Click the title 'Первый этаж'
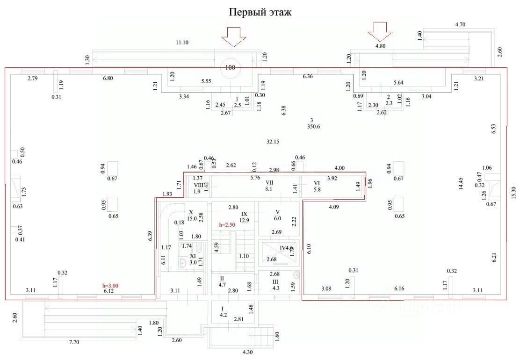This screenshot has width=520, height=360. (x=260, y=12)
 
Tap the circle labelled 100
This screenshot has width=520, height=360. (x=230, y=67)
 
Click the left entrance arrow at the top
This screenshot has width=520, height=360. (x=233, y=36)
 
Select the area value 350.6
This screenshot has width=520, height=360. (x=312, y=126)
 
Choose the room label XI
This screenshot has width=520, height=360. (x=193, y=257)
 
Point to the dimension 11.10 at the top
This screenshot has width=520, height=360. (x=182, y=43)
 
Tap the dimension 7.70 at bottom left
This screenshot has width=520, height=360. (x=74, y=342)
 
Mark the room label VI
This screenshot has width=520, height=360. (x=317, y=183)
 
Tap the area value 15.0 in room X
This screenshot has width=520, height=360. (x=191, y=218)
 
